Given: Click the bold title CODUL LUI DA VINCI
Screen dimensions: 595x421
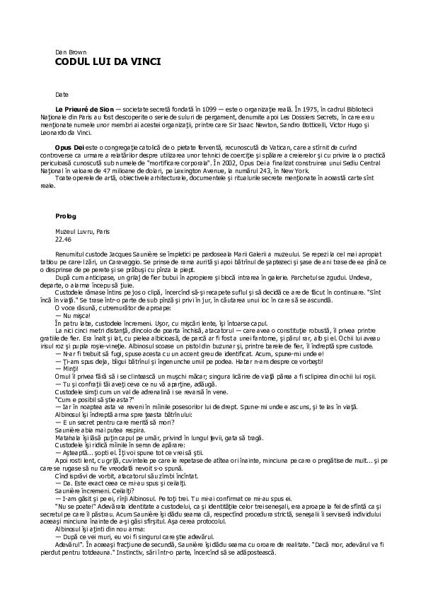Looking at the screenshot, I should click(x=108, y=62).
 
